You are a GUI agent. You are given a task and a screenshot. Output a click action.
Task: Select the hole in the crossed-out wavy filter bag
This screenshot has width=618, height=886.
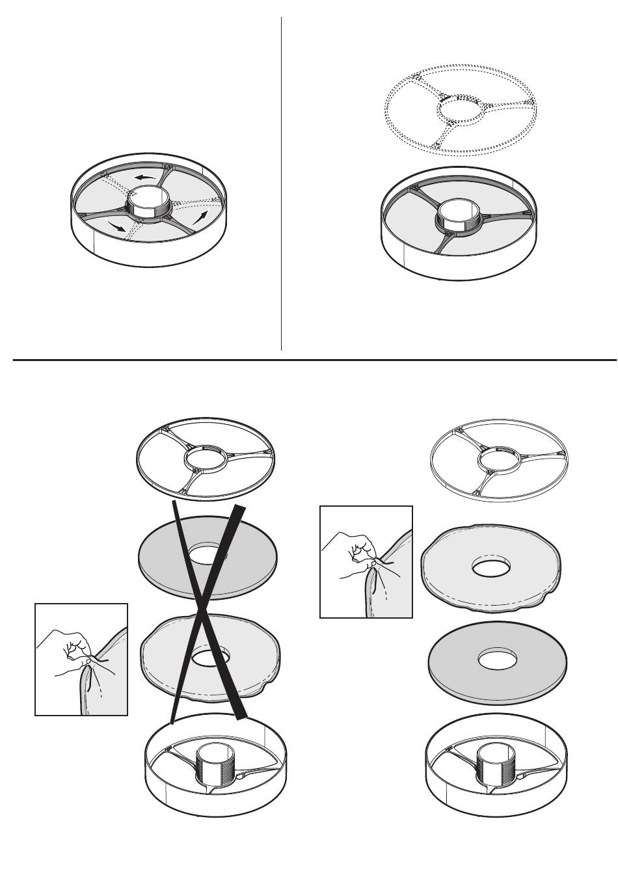coord(208,656)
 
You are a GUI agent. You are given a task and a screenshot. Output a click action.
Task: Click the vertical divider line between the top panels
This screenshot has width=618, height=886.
coord(281,182)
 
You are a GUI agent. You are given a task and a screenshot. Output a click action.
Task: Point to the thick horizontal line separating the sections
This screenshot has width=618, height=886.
coord(312,359)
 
